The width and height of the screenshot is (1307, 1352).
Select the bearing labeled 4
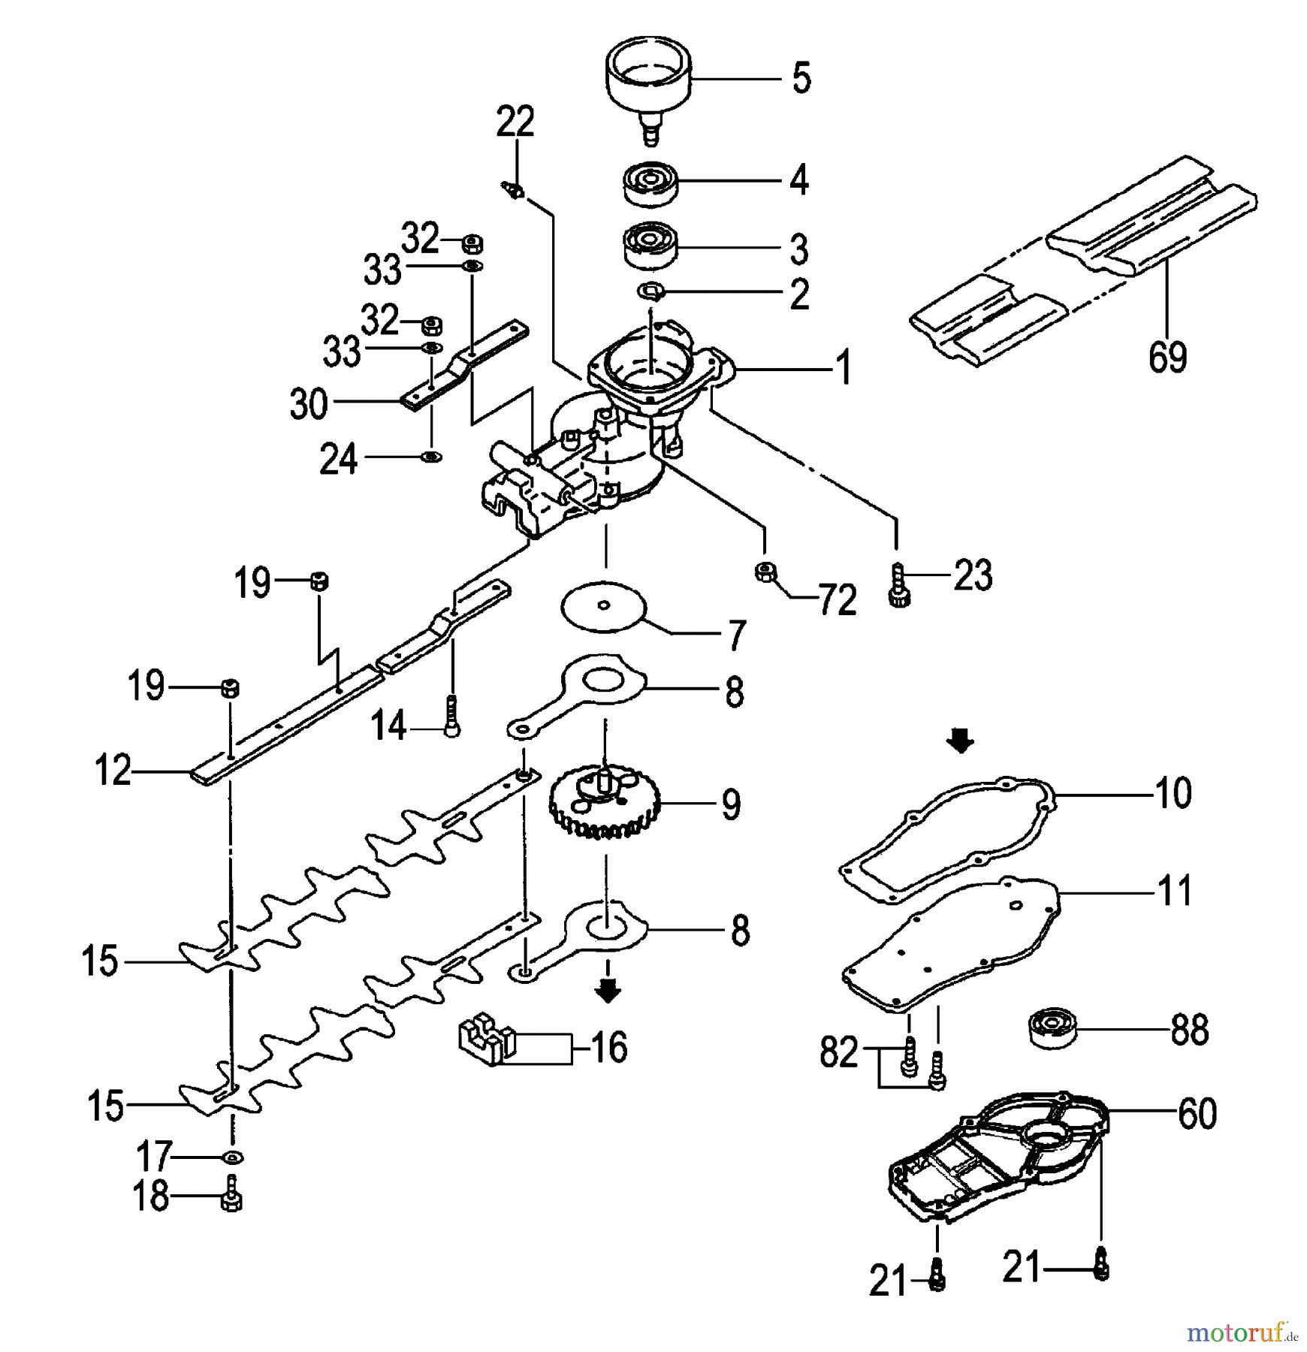click(650, 184)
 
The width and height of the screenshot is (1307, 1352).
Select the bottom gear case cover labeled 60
click(999, 1160)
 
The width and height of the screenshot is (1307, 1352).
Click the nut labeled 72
click(765, 572)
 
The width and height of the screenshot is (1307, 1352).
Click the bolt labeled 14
click(451, 716)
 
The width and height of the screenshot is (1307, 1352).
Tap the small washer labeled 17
click(232, 1157)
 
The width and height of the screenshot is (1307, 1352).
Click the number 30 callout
click(309, 405)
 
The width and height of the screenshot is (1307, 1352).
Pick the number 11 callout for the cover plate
click(1175, 891)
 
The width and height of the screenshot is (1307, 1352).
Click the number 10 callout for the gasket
click(1173, 793)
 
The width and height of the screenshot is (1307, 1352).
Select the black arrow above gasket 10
click(960, 743)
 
